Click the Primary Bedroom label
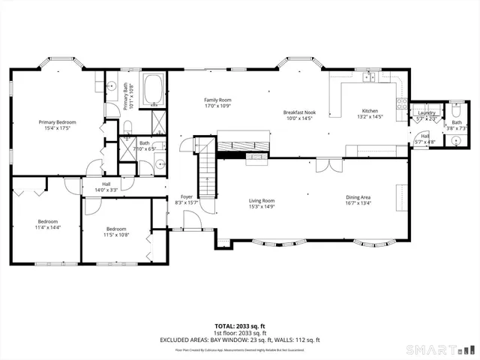(58, 121)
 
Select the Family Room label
(218, 100)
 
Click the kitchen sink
(369, 76)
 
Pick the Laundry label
(426, 112)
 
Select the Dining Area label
(358, 196)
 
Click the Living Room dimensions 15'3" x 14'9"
(262, 207)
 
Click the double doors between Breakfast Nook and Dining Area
(324, 163)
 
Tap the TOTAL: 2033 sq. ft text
(239, 326)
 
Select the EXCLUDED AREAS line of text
(239, 340)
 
